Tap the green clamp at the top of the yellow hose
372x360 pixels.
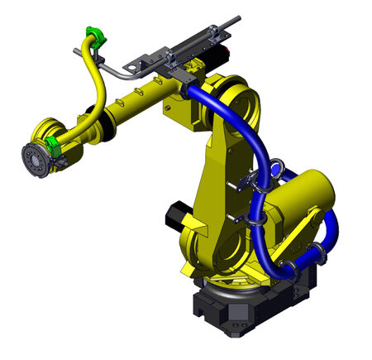(92, 38)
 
